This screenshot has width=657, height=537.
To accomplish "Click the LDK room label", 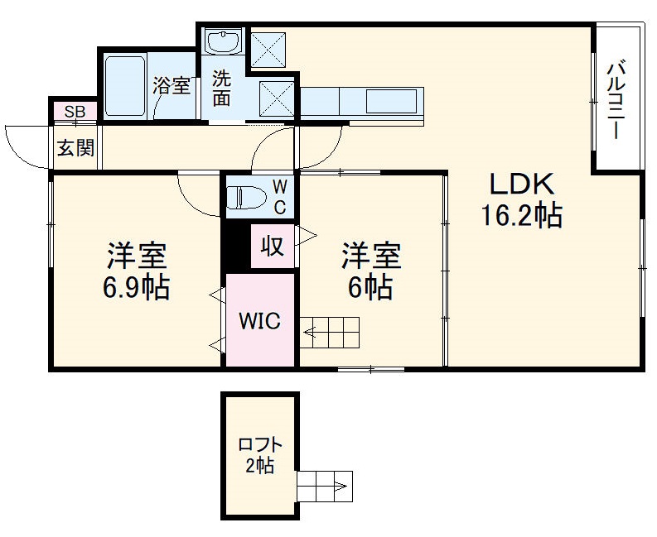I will coord(520,184).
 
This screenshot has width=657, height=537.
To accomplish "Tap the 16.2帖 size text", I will coord(522,216).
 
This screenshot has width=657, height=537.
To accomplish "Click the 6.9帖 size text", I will coord(137,288).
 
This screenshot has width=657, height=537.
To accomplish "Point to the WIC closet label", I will coord(260,320).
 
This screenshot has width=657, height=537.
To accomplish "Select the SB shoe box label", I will coord(75,111).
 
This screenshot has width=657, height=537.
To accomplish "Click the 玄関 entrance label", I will coord(75,148).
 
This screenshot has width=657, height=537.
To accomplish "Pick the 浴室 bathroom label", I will coord(172,86).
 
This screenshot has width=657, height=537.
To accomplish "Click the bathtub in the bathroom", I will coord(126,86).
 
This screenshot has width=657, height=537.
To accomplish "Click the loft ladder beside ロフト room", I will coord(325,486).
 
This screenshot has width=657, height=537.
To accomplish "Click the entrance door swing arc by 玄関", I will coord(25,145).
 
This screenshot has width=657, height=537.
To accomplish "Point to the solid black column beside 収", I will coord(236,247).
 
